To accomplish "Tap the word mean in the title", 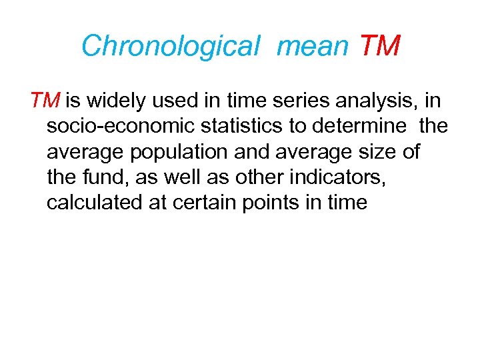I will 312,46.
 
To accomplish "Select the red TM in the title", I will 379,46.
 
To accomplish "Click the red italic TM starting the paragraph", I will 45,101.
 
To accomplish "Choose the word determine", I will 372,127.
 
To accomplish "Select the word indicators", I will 359,177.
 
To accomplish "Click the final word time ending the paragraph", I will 347,203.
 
